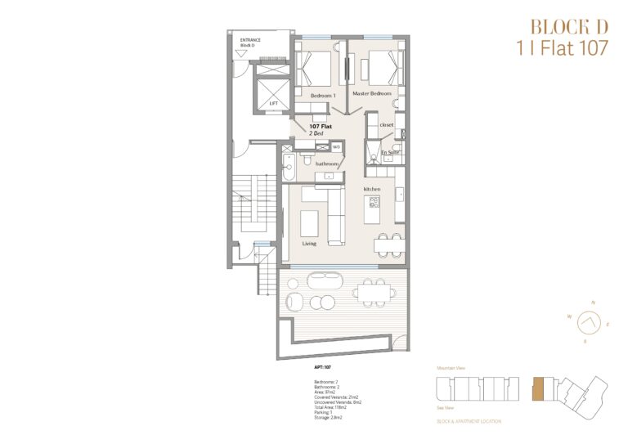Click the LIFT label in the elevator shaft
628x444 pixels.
point(273,105)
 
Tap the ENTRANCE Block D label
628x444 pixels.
point(249,42)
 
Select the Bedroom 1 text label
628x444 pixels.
point(322,96)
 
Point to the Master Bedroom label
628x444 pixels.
point(372,94)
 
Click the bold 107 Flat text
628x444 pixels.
point(320,127)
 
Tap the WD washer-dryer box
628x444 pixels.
point(335,147)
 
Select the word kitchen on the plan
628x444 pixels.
point(372,189)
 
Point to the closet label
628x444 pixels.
point(386,124)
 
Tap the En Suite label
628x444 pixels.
point(389,152)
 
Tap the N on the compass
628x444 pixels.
point(593,303)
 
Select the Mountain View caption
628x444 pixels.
point(451,369)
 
